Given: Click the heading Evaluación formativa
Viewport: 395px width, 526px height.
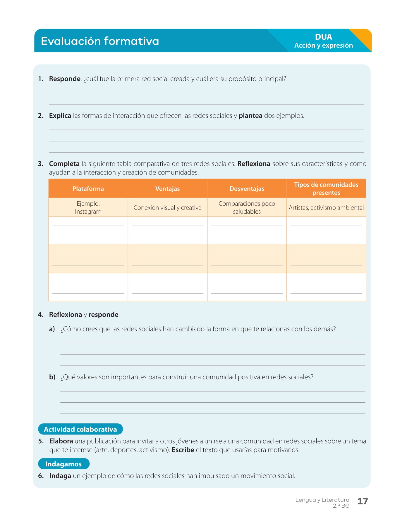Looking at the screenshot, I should click(x=100, y=41).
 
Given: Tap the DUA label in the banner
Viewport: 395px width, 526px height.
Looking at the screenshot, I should click(x=323, y=37).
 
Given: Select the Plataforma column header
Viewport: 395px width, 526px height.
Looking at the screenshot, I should click(x=88, y=189).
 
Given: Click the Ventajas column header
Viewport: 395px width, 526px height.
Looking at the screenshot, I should click(x=167, y=189).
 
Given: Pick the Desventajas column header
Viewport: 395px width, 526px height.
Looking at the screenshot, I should click(x=247, y=189).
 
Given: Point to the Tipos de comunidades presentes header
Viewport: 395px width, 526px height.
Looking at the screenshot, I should click(x=326, y=189).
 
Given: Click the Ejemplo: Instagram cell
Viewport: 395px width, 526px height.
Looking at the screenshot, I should click(x=88, y=208).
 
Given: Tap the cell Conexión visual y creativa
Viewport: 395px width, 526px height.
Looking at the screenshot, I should click(x=167, y=208).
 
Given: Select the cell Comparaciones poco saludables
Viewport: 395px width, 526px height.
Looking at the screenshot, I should click(x=247, y=208).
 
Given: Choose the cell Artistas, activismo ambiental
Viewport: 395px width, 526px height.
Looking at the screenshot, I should click(x=326, y=208).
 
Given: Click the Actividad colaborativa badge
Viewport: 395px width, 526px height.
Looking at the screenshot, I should click(x=80, y=429).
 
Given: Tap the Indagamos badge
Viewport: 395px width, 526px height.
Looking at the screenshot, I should click(x=63, y=464).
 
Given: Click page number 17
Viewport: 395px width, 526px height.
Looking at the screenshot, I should click(x=363, y=501).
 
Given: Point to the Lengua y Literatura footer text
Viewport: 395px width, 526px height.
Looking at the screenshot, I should click(x=322, y=500).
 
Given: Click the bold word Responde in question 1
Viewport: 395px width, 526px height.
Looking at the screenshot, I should click(x=65, y=79).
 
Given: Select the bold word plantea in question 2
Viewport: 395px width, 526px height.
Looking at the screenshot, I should click(x=250, y=116).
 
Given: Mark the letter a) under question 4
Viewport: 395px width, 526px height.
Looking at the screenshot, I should click(x=52, y=329).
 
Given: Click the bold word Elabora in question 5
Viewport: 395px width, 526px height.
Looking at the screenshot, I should click(x=61, y=441).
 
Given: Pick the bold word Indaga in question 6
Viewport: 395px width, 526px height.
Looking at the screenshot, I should click(x=60, y=476).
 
